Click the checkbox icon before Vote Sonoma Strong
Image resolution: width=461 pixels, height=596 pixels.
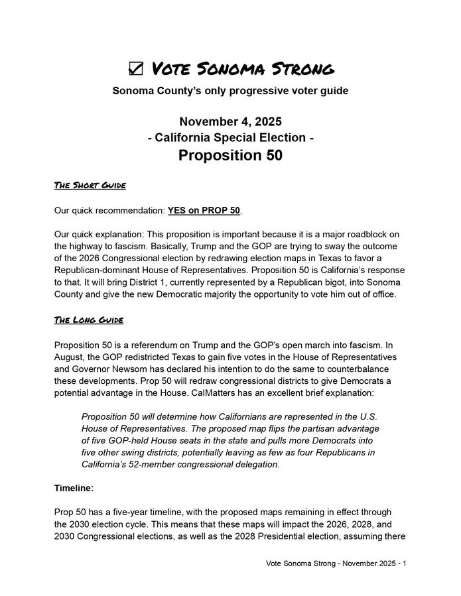135,68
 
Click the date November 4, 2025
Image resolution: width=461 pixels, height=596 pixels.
230,122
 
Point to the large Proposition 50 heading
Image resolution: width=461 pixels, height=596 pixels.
230,155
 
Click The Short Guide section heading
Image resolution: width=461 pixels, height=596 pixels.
90,185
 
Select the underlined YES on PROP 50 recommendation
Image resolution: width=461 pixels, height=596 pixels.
204,211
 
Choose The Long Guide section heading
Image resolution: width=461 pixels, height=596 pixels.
88,320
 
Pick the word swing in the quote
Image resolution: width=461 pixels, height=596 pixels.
127,453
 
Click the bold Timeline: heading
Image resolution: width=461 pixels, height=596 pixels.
74,489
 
